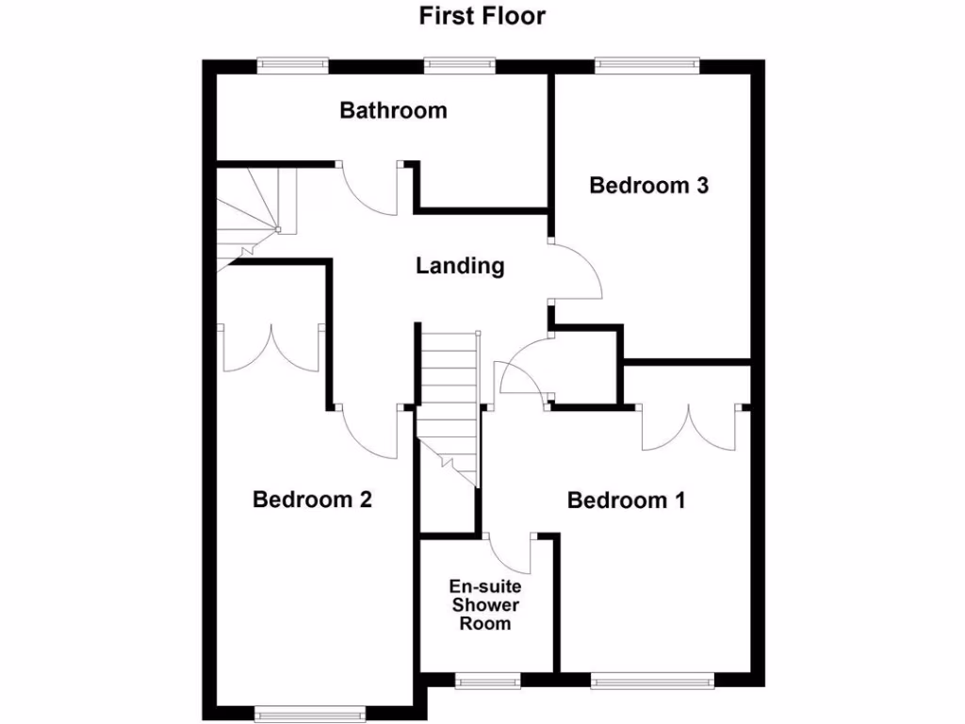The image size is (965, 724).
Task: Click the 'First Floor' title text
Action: pyautogui.click(x=482, y=16)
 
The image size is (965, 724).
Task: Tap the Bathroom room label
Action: pyautogui.click(x=393, y=111)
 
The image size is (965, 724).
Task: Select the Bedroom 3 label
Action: pyautogui.click(x=648, y=186)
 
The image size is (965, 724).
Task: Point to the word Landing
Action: pyautogui.click(x=460, y=267)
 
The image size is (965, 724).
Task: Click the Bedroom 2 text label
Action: pyautogui.click(x=312, y=500)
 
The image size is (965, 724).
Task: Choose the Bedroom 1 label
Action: pyautogui.click(x=626, y=501)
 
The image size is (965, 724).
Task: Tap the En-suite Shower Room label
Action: pyautogui.click(x=485, y=604)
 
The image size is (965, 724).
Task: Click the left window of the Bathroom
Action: pyautogui.click(x=294, y=65)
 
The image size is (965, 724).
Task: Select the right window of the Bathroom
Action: pyautogui.click(x=459, y=65)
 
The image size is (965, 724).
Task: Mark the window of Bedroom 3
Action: pyautogui.click(x=646, y=65)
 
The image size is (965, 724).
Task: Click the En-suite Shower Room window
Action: pyautogui.click(x=487, y=679)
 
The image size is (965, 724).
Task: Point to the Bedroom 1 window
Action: pyautogui.click(x=653, y=679)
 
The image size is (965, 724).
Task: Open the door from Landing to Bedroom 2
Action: pyautogui.click(x=371, y=434)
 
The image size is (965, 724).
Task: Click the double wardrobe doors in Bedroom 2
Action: pyautogui.click(x=271, y=349)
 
